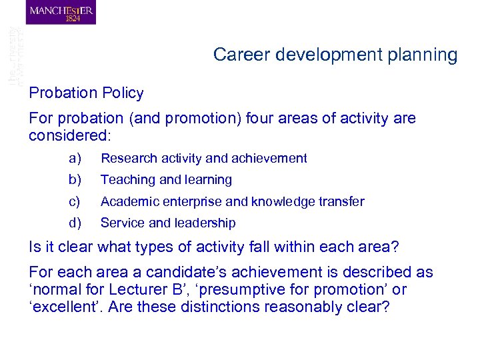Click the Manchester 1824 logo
61,13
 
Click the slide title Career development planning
335,55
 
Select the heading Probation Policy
86,93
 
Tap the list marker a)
75,159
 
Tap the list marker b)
75,180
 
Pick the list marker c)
75,201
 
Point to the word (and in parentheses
143,119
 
